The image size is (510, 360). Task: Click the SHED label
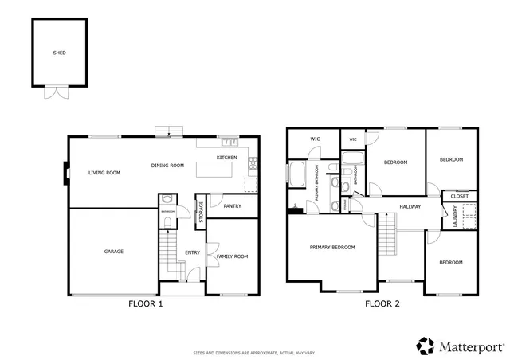[59, 53]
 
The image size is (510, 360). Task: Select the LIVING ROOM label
[104, 172]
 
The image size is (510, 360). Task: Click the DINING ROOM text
[167, 166]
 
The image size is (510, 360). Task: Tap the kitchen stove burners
[253, 165]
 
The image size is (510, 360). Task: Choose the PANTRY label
[232, 206]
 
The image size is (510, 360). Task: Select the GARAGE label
[113, 252]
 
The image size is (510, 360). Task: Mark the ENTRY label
[192, 252]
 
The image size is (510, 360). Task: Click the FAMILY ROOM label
[232, 256]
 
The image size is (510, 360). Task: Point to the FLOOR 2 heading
[382, 303]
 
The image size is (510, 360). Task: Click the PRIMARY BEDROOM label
[332, 247]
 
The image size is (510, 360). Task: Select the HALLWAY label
[410, 207]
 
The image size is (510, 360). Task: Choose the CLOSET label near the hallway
[459, 196]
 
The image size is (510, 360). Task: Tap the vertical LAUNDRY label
[455, 217]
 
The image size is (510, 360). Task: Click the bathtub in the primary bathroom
[296, 174]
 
